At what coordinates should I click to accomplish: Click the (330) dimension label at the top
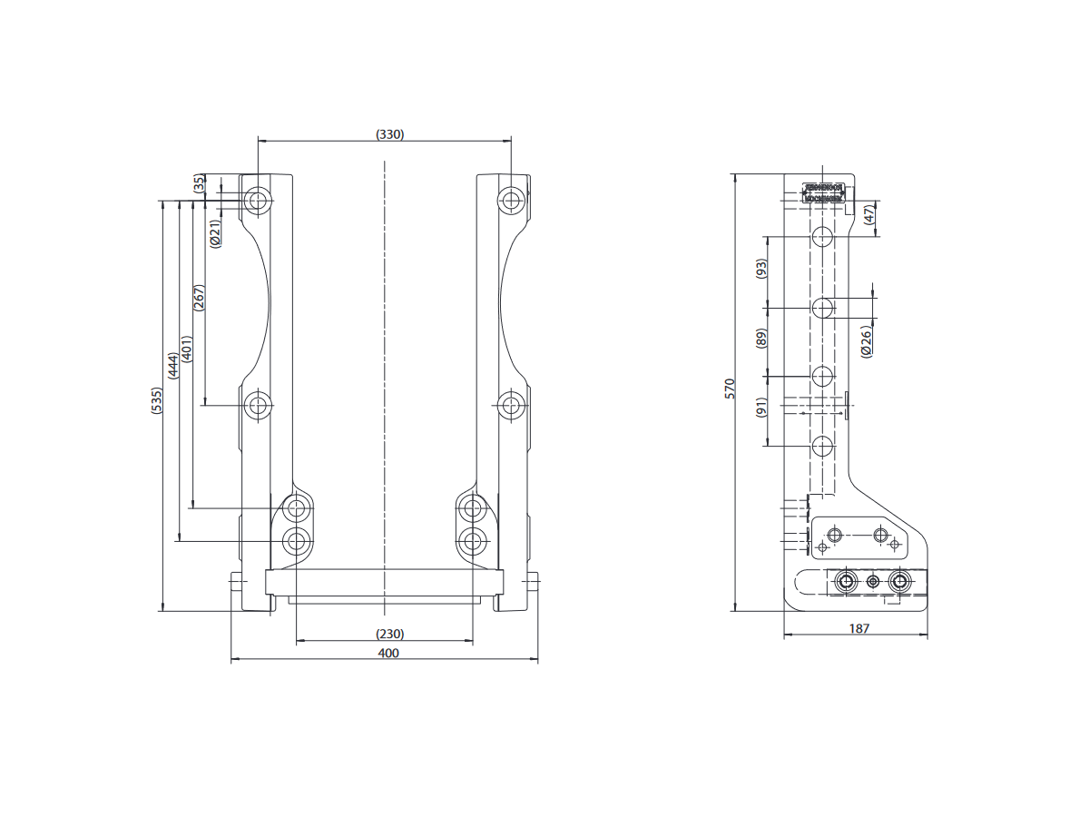pyautogui.click(x=389, y=134)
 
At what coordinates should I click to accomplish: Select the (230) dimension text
pyautogui.click(x=389, y=634)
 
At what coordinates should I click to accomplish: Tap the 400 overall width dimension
pyautogui.click(x=388, y=653)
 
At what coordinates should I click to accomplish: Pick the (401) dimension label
pyautogui.click(x=186, y=349)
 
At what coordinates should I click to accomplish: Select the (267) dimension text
pyautogui.click(x=200, y=299)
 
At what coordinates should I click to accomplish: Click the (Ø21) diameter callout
pyautogui.click(x=216, y=233)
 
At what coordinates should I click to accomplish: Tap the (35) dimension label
pyautogui.click(x=200, y=183)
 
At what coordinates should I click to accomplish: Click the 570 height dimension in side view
pyautogui.click(x=729, y=389)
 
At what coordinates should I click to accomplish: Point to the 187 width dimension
pyautogui.click(x=859, y=628)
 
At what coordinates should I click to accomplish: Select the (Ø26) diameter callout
pyautogui.click(x=866, y=341)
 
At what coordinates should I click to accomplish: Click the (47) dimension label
pyautogui.click(x=868, y=215)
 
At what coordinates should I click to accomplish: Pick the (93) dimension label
pyautogui.click(x=761, y=269)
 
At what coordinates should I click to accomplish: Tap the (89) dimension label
pyautogui.click(x=761, y=339)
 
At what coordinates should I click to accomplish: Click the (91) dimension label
pyautogui.click(x=761, y=408)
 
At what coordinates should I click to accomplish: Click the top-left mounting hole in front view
pyautogui.click(x=259, y=200)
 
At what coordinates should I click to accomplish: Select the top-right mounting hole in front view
pyautogui.click(x=511, y=200)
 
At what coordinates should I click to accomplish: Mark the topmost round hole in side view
pyautogui.click(x=822, y=238)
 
